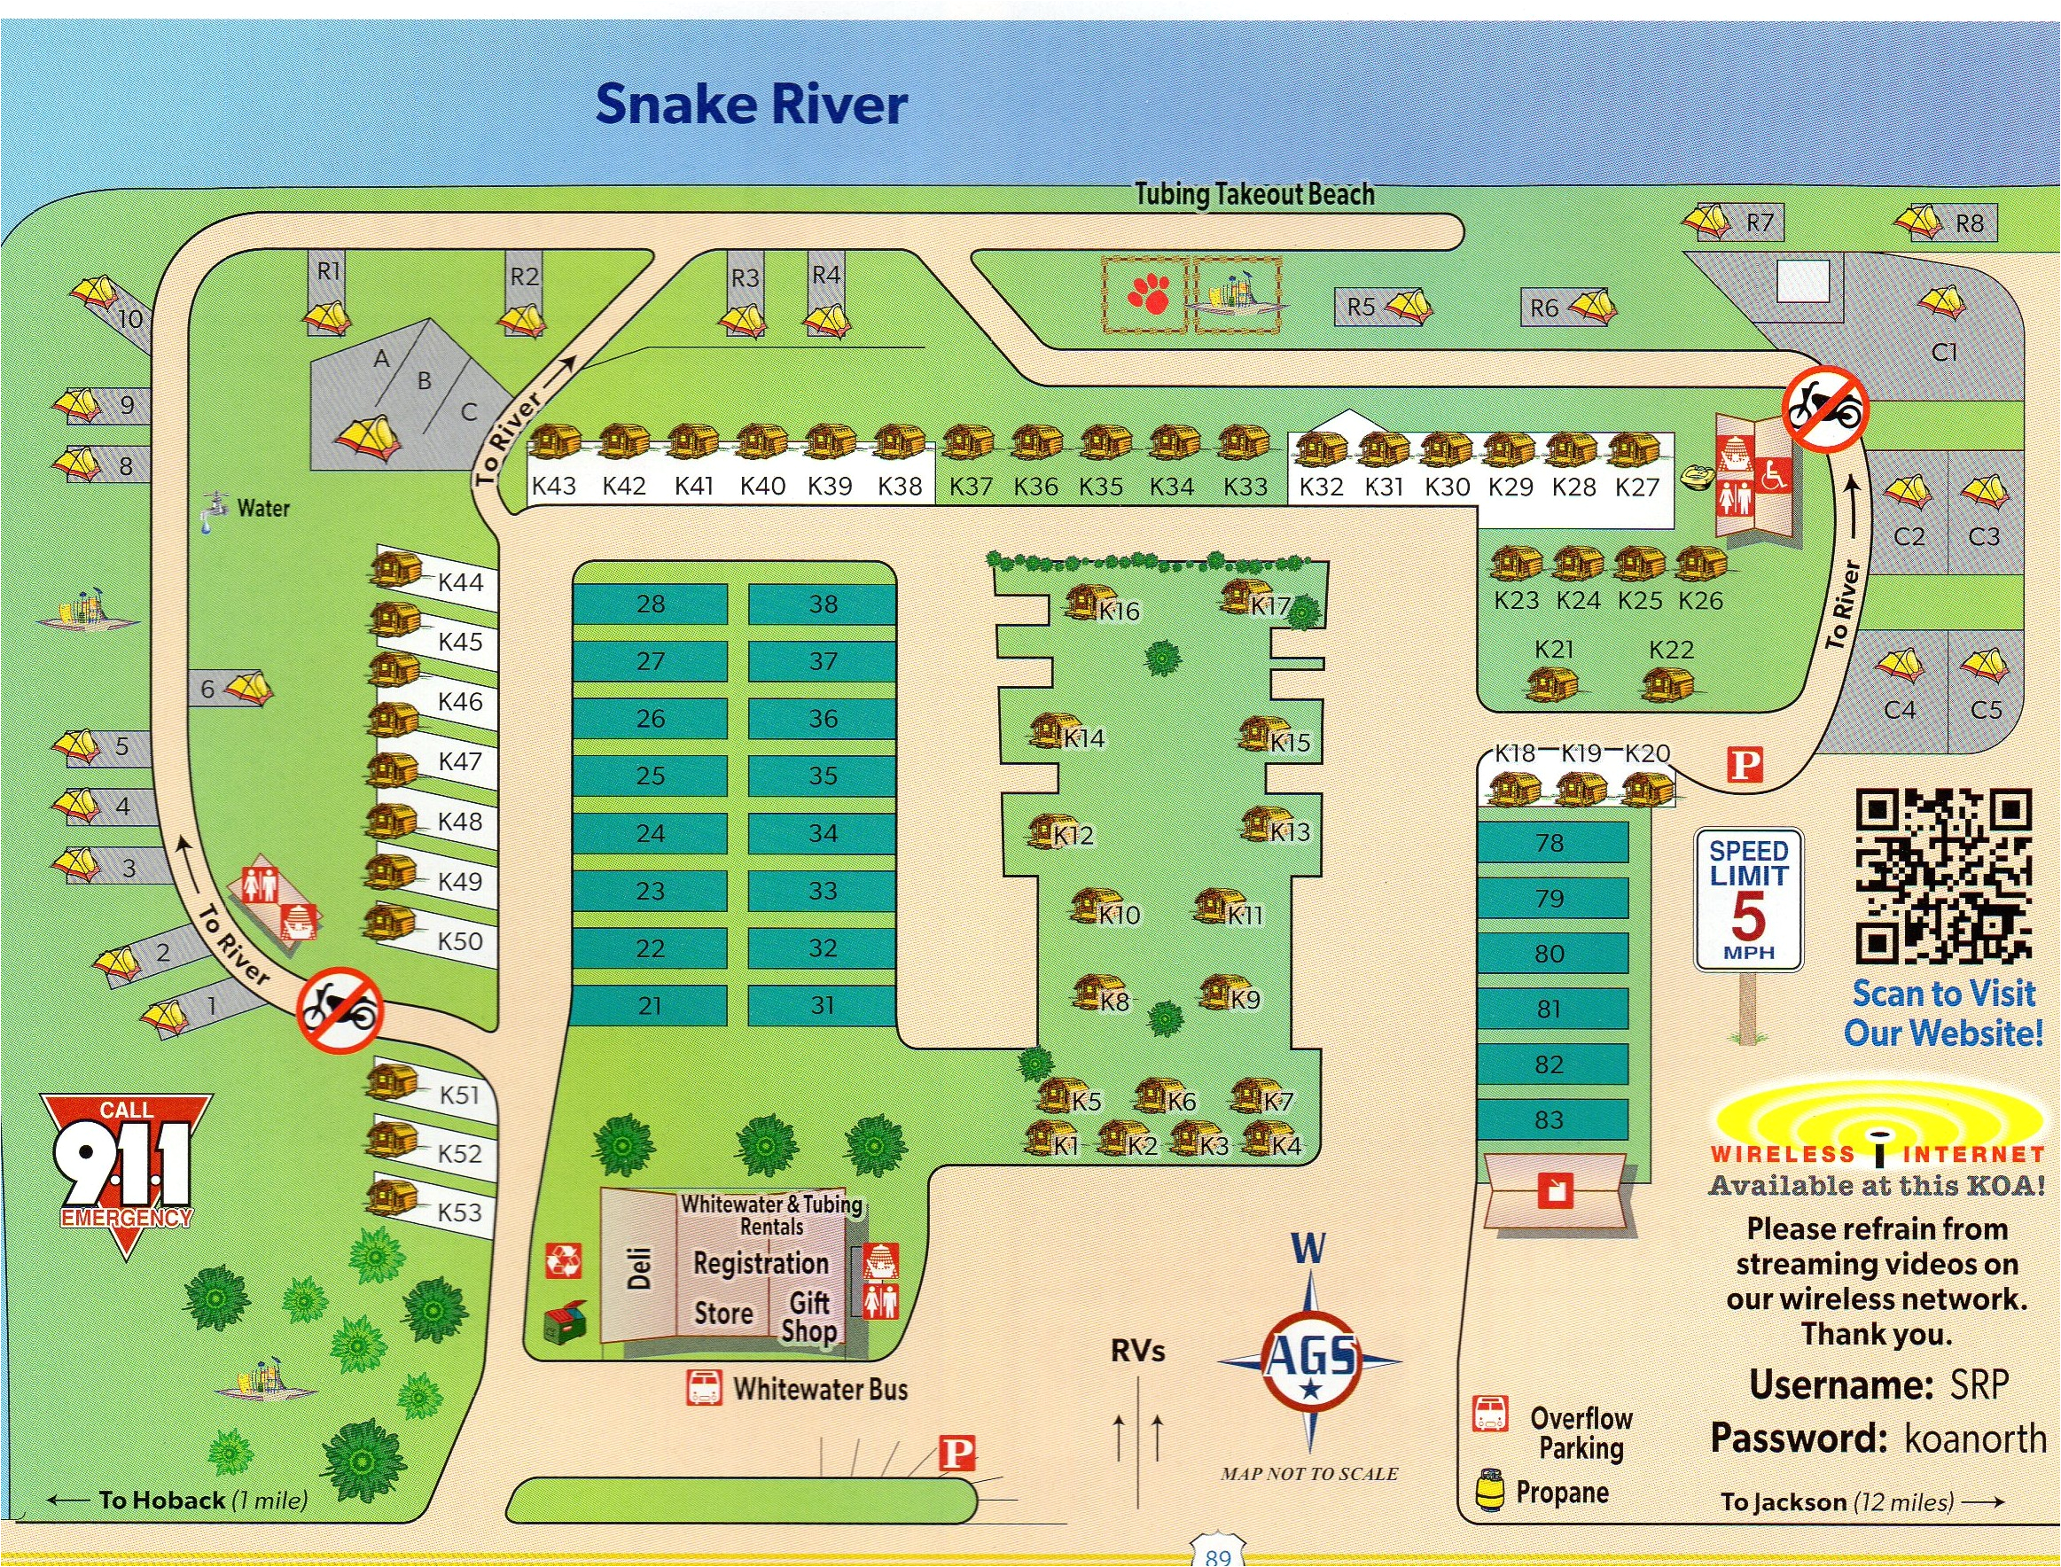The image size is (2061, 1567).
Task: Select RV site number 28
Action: click(x=651, y=604)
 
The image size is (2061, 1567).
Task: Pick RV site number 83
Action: click(x=1549, y=1119)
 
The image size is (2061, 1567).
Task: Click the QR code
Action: click(x=1943, y=875)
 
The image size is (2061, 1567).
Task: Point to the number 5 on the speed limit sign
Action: click(x=1748, y=915)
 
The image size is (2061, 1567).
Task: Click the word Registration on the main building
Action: click(x=761, y=1263)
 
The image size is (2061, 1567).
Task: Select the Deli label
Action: click(x=639, y=1267)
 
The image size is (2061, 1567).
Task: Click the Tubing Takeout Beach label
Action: click(x=1254, y=194)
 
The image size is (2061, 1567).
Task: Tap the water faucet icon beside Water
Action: click(x=215, y=511)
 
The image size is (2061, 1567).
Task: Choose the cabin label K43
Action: click(x=553, y=485)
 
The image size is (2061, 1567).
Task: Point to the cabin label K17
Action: click(x=1269, y=606)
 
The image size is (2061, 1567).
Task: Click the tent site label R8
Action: click(x=1969, y=224)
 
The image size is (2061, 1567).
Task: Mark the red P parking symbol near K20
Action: click(x=1745, y=766)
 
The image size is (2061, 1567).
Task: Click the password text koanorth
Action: click(x=1975, y=1438)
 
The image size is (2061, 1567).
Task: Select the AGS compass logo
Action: click(x=1310, y=1360)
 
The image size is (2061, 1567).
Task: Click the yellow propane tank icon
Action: click(x=1489, y=1489)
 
